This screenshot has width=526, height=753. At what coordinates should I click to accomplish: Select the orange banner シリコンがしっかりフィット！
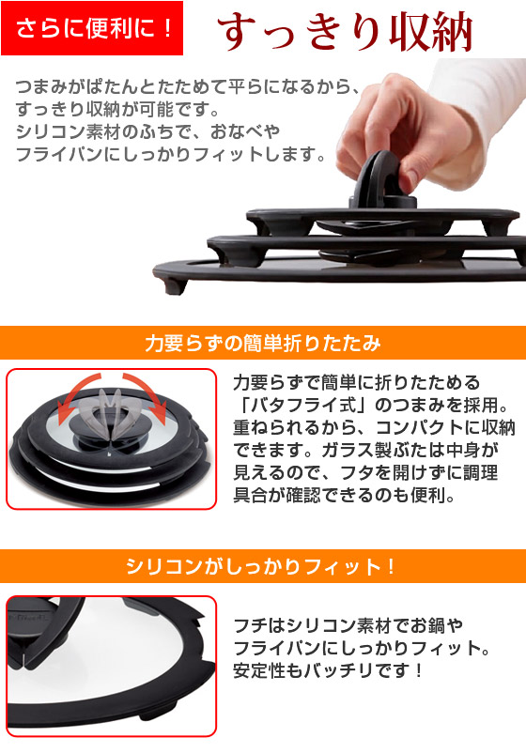[262, 567]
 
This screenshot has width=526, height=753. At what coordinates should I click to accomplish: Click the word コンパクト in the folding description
[404, 428]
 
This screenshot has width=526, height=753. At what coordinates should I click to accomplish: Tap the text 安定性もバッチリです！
[329, 671]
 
